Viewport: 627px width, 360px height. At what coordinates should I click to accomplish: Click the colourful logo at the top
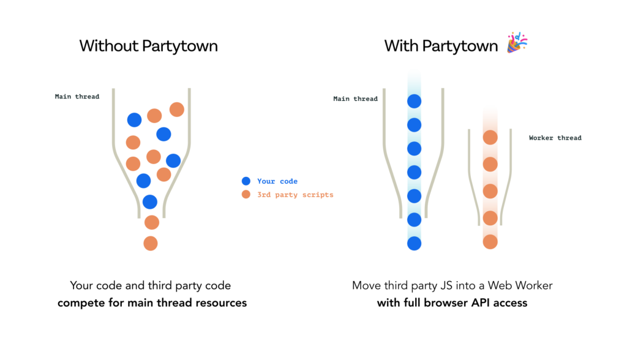pos(517,41)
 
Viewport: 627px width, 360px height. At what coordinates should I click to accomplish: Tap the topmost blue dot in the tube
pos(415,102)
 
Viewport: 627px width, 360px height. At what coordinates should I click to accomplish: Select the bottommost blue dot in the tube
pos(415,243)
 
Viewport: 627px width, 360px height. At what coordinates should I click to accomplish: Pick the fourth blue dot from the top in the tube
pos(415,173)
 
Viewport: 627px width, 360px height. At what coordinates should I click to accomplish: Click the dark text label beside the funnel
pos(77,100)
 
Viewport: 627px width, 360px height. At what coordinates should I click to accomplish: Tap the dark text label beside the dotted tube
pos(358,101)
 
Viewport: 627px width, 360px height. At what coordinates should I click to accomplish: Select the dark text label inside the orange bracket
pos(554,141)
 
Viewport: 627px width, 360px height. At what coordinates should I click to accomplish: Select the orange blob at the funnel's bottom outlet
pos(151,242)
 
